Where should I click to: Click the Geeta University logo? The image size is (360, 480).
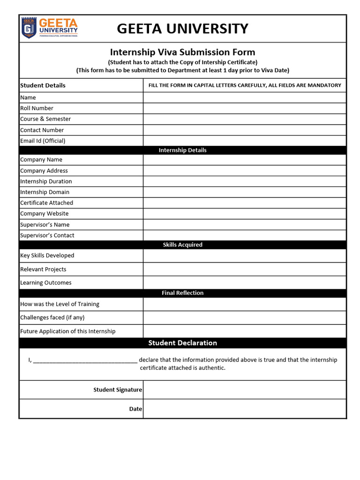pyautogui.click(x=49, y=28)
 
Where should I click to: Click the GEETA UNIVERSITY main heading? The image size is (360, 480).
pyautogui.click(x=182, y=29)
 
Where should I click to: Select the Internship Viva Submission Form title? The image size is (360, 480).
pyautogui.click(x=182, y=52)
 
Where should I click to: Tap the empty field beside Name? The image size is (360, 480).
pyautogui.click(x=244, y=97)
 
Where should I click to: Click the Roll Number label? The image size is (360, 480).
pyautogui.click(x=37, y=108)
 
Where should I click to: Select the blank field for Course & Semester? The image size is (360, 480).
pyautogui.click(x=244, y=119)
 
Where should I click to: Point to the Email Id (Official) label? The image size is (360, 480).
pyautogui.click(x=43, y=141)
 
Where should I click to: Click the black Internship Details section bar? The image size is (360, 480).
pyautogui.click(x=182, y=150)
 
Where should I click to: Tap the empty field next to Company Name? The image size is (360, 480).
pyautogui.click(x=244, y=160)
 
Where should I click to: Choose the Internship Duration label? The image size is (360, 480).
pyautogui.click(x=46, y=181)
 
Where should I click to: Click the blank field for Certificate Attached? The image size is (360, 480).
pyautogui.click(x=244, y=203)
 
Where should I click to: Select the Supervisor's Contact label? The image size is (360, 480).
pyautogui.click(x=47, y=235)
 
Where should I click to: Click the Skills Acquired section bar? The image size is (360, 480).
pyautogui.click(x=182, y=245)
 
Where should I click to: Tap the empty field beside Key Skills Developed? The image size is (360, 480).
pyautogui.click(x=244, y=255)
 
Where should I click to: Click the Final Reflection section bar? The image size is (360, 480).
pyautogui.click(x=182, y=293)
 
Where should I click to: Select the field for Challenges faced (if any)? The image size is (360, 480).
pyautogui.click(x=244, y=317)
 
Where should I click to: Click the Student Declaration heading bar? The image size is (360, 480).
pyautogui.click(x=182, y=343)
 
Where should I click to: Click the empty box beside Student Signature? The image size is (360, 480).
pyautogui.click(x=244, y=390)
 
